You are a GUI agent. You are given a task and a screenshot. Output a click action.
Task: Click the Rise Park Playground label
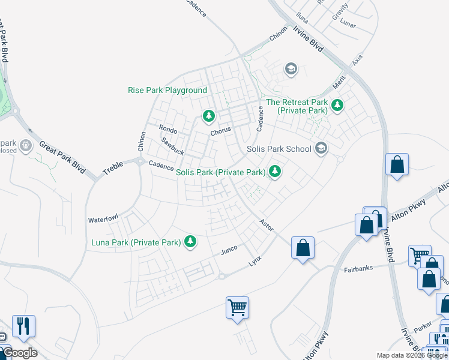coord(167,91)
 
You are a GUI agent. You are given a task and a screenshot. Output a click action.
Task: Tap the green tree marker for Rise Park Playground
coord(208,115)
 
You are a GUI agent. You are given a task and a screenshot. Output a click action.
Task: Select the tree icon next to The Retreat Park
coord(337,106)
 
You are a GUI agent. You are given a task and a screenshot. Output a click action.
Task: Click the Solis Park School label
coord(279,149)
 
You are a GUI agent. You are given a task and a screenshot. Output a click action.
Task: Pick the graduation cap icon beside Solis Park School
coord(321,148)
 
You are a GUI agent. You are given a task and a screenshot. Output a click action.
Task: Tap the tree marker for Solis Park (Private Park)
coord(275,172)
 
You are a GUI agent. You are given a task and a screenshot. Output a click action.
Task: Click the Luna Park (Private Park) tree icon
coord(190,242)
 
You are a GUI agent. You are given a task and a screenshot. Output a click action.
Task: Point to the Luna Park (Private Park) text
coord(136,243)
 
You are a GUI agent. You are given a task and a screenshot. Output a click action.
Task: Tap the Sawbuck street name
coord(173,147)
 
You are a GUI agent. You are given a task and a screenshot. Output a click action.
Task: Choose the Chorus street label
coord(221,133)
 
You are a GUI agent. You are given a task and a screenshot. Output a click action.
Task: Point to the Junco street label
coord(229,248)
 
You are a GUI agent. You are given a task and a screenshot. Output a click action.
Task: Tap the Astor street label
coord(266,224)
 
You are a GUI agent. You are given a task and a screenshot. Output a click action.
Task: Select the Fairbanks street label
coord(360,269)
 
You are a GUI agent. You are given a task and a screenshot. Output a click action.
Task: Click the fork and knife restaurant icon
coord(23,326)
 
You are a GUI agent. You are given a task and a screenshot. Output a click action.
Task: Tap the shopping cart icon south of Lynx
coord(238,308)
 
